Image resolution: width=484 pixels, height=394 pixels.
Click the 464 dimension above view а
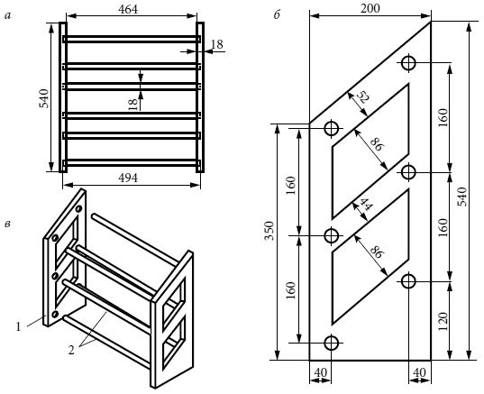(128, 9)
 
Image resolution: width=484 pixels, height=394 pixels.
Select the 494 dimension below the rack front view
(128, 178)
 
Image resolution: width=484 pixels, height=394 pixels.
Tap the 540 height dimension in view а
(44, 98)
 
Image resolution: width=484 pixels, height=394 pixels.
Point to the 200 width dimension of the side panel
(370, 8)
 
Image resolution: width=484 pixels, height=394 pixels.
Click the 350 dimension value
(269, 230)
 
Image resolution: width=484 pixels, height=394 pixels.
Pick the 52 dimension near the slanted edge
(363, 98)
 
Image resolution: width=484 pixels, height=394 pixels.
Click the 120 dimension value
(443, 321)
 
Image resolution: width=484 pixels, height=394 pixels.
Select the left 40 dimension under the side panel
(320, 372)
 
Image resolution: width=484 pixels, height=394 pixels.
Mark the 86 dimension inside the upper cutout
(378, 144)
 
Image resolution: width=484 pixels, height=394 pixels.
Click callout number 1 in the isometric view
(18, 326)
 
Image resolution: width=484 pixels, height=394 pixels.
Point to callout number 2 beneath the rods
(71, 350)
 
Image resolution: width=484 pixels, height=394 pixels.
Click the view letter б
(277, 14)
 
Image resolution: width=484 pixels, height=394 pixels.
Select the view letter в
(7, 224)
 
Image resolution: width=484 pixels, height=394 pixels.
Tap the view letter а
(7, 15)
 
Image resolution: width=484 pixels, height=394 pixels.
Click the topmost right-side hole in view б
(408, 63)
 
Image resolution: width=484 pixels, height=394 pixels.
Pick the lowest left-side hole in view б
(332, 343)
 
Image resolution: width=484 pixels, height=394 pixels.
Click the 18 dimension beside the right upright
(217, 44)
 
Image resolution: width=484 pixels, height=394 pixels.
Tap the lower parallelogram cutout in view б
(370, 257)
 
